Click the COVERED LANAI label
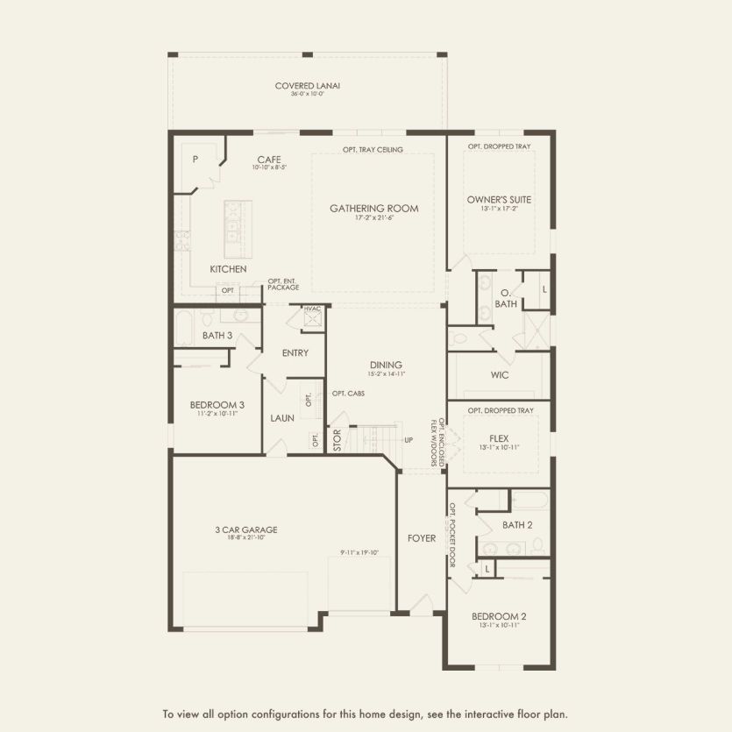click(307, 86)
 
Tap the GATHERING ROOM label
click(373, 209)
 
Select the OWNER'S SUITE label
click(499, 199)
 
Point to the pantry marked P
click(195, 160)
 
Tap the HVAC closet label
click(311, 309)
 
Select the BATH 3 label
click(217, 336)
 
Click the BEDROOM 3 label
click(217, 405)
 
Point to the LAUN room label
click(281, 419)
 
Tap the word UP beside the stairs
click(408, 439)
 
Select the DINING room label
click(386, 366)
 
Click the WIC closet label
click(500, 375)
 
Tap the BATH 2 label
click(517, 525)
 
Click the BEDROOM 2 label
click(499, 616)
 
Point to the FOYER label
click(422, 537)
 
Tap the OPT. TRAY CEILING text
click(373, 150)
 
